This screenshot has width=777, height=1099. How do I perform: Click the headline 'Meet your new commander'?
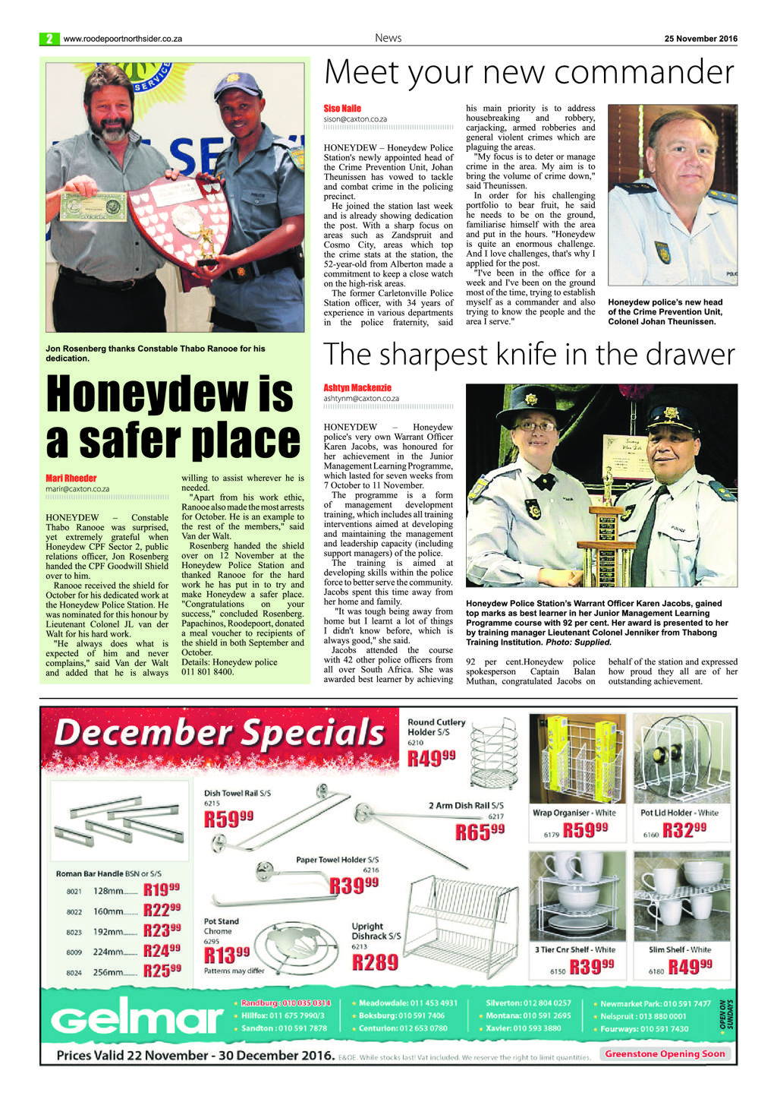pyautogui.click(x=529, y=74)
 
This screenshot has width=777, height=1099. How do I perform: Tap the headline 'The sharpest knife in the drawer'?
pyautogui.click(x=529, y=355)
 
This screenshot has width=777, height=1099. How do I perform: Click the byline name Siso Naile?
pyautogui.click(x=342, y=109)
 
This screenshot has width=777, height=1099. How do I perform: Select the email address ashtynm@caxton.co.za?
pyautogui.click(x=361, y=398)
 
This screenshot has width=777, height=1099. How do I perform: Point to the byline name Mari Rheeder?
pyautogui.click(x=71, y=478)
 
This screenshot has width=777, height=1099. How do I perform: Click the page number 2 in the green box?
pyautogui.click(x=49, y=39)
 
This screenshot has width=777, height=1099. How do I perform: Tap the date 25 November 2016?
pyautogui.click(x=700, y=39)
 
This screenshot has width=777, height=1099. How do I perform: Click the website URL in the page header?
pyautogui.click(x=123, y=39)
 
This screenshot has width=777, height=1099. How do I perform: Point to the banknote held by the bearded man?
pyautogui.click(x=93, y=206)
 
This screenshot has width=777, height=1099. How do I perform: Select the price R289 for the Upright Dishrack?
pyautogui.click(x=376, y=962)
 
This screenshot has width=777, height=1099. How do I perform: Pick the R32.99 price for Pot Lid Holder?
pyautogui.click(x=684, y=830)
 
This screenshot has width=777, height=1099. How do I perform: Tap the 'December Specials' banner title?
pyautogui.click(x=220, y=733)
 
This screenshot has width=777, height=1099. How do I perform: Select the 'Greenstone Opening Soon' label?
pyautogui.click(x=665, y=1053)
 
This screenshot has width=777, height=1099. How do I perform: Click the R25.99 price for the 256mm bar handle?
pyautogui.click(x=162, y=971)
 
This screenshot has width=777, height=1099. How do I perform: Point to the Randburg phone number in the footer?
pyautogui.click(x=285, y=1003)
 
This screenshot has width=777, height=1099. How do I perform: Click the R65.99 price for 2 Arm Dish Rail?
pyautogui.click(x=480, y=832)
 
